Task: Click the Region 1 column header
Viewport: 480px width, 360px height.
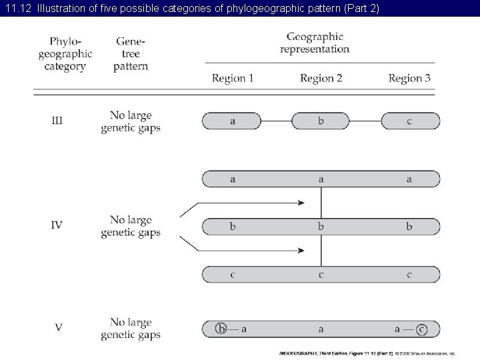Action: click(233, 79)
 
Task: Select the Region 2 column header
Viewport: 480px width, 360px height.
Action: click(321, 79)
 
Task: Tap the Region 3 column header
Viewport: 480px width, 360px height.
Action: click(409, 79)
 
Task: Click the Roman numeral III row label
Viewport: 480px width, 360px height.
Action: click(57, 121)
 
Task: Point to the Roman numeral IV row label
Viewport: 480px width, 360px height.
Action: click(57, 225)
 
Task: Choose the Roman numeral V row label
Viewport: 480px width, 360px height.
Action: click(59, 327)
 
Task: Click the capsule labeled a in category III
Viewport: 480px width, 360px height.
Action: click(231, 121)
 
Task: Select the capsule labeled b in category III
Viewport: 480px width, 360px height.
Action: click(321, 121)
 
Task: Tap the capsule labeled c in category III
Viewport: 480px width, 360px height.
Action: click(410, 121)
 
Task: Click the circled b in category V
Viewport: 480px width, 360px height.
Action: click(221, 328)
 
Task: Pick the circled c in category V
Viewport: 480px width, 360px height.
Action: click(421, 328)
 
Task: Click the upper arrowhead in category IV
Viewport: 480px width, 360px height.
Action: click(301, 203)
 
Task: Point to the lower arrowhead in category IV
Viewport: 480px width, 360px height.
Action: click(301, 251)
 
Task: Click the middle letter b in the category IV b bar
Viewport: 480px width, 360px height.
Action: click(321, 227)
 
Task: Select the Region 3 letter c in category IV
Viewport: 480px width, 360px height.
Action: click(410, 275)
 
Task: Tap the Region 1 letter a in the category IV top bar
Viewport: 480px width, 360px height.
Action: click(232, 179)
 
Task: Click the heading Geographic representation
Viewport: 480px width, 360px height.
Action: click(314, 43)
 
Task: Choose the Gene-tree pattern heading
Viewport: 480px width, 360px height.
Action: click(130, 53)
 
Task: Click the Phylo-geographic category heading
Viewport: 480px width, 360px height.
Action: click(65, 53)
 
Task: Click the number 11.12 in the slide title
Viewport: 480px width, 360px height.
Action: click(18, 8)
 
